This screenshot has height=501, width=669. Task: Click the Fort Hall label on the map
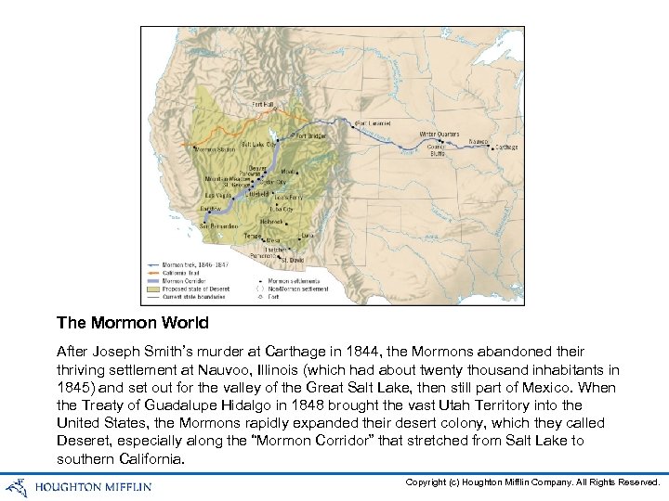point(263,105)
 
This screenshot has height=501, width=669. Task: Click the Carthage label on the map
point(506,147)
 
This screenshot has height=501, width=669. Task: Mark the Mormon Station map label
point(216,149)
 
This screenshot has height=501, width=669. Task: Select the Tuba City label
point(281,210)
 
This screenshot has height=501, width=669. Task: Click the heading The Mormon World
point(132,323)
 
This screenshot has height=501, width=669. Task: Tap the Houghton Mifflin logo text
point(93,485)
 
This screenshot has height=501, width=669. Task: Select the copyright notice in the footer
point(532,482)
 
